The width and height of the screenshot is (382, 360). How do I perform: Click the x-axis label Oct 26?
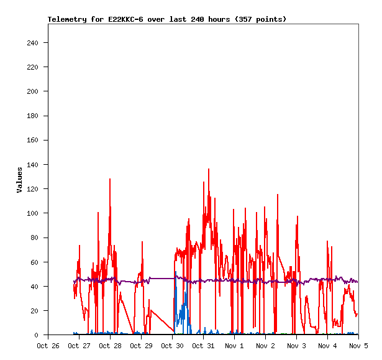coord(48,345)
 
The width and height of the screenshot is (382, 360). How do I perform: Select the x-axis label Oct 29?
coord(141,345)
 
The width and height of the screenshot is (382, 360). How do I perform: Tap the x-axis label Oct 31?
coord(203,345)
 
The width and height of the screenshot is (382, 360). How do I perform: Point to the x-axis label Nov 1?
coord(234,345)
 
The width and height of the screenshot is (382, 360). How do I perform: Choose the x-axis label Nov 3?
coord(296,345)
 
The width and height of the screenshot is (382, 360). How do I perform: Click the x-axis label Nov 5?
coord(358,345)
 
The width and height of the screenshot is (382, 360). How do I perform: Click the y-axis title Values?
coord(19,180)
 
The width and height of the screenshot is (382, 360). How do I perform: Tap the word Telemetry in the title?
coord(67,19)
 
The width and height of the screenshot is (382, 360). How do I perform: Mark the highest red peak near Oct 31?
coord(209,169)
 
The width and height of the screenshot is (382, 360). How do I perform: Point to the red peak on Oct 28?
coord(110,179)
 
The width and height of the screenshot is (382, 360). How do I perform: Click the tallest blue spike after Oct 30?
coord(176,272)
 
